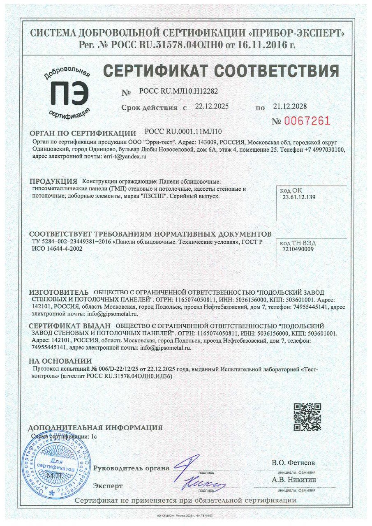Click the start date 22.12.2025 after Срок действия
coord(212,106)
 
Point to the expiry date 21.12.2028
coord(290,106)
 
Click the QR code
coord(307,417)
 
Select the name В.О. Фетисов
coord(293,463)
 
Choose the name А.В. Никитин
coord(293,479)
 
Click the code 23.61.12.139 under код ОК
coord(299,197)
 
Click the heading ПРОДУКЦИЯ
coord(54,181)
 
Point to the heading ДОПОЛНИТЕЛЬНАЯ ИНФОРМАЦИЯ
coord(95,427)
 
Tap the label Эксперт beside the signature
coord(108,486)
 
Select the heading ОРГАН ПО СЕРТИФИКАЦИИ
coord(83,134)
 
